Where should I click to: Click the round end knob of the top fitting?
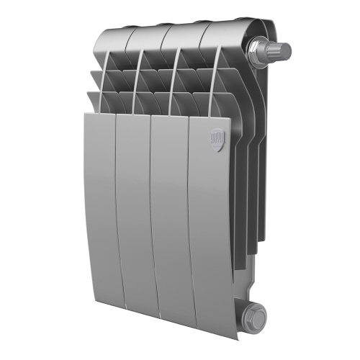tap(283, 51)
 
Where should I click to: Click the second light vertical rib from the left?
tap(140, 86)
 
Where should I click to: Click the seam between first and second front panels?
tap(116, 216)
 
